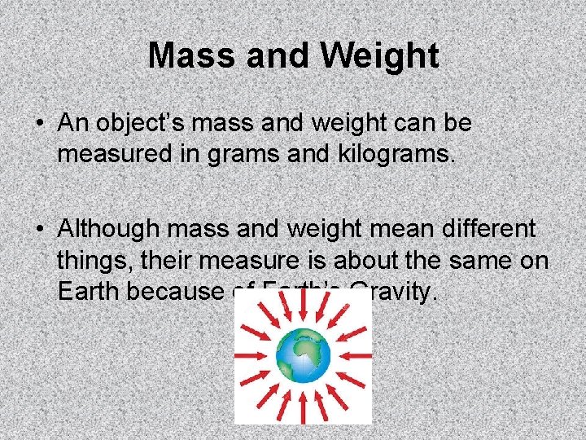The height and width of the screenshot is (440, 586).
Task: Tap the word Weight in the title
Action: (x=380, y=56)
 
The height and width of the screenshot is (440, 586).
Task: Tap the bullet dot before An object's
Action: (x=39, y=125)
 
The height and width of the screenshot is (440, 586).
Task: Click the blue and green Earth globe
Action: (x=303, y=355)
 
